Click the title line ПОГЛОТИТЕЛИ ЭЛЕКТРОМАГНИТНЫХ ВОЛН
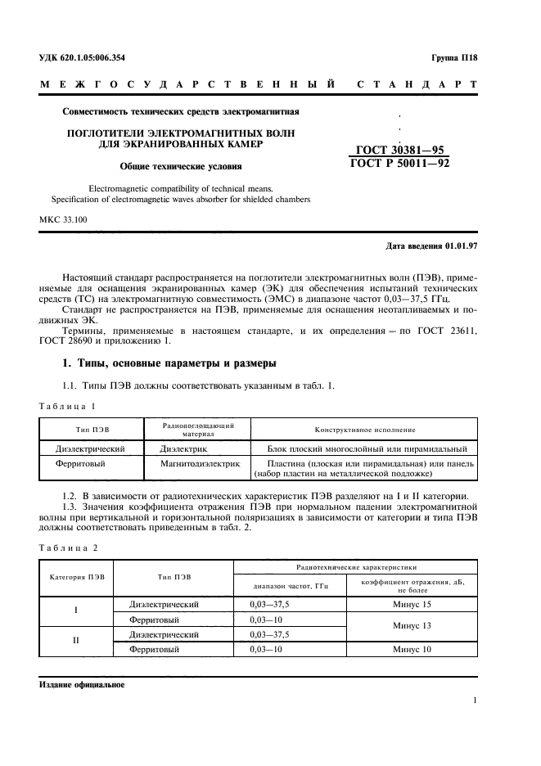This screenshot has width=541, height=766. pyautogui.click(x=180, y=132)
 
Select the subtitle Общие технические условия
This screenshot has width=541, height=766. pyautogui.click(x=180, y=167)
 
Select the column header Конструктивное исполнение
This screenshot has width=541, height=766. pyautogui.click(x=365, y=430)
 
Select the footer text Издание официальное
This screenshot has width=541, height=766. pyautogui.click(x=81, y=684)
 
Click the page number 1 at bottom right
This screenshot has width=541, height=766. pyautogui.click(x=476, y=701)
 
